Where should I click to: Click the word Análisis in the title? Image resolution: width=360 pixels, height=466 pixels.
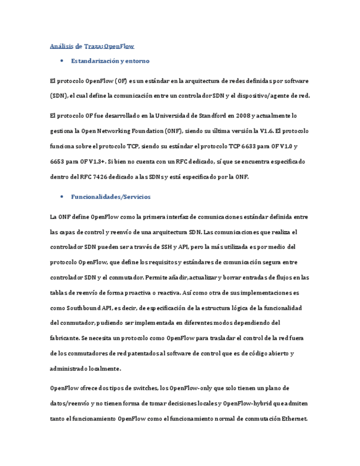coord(62,46)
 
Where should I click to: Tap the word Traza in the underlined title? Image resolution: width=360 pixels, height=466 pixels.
coord(92,46)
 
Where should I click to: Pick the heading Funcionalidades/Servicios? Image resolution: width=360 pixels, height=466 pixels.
coord(110,196)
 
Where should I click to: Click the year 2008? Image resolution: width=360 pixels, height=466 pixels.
coord(244,115)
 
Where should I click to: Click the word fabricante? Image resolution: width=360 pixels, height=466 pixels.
coord(65,338)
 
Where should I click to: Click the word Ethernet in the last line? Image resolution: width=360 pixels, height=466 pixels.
coord(293,419)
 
